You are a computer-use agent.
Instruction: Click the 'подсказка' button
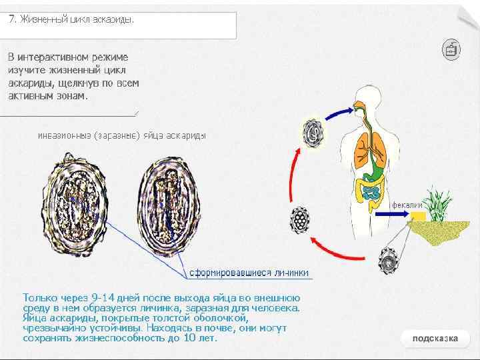435,338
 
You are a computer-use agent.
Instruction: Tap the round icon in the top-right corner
451,49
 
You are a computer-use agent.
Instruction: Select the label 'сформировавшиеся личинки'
249,273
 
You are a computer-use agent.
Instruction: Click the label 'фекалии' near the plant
407,205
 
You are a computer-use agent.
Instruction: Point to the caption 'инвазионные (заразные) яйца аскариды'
122,135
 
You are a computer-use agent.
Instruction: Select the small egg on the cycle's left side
301,219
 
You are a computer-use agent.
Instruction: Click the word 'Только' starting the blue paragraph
37,297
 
